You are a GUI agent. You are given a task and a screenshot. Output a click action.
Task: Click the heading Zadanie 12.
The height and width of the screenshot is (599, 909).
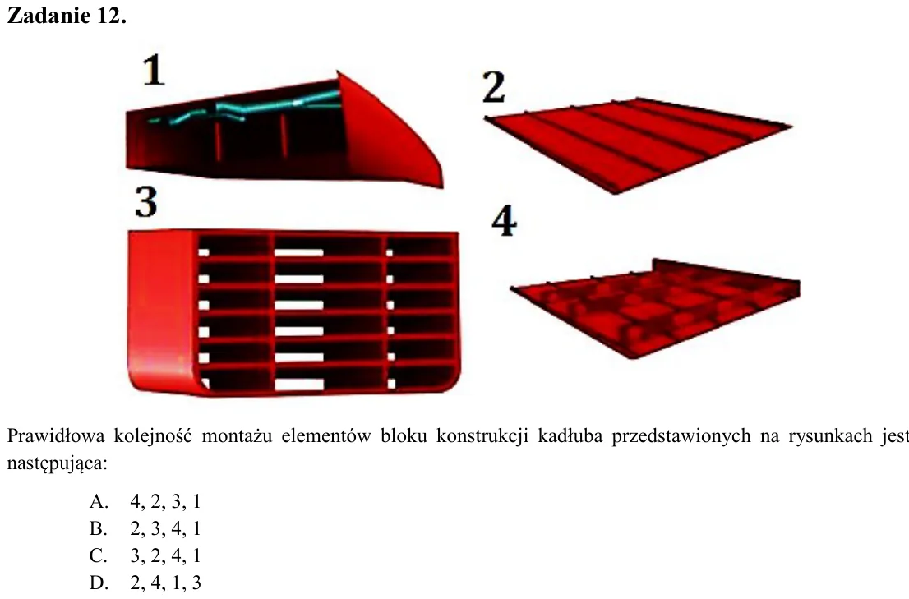(66, 16)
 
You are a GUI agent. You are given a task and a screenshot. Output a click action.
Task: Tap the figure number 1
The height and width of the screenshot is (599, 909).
(154, 70)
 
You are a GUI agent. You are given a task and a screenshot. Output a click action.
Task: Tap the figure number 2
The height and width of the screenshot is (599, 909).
(494, 87)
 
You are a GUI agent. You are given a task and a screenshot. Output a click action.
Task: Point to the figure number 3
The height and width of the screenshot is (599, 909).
(145, 201)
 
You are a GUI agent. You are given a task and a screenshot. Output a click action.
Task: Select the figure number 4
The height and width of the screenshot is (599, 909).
(504, 221)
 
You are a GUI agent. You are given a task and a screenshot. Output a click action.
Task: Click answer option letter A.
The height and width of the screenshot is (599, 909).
(99, 501)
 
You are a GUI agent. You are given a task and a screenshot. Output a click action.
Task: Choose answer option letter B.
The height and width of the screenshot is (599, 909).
(98, 528)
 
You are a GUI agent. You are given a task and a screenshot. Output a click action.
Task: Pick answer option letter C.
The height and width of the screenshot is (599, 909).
(98, 555)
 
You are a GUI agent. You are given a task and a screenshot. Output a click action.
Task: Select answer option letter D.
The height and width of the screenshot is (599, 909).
(99, 583)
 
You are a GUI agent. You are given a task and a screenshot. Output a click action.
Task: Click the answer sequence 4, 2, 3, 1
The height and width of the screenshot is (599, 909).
(166, 502)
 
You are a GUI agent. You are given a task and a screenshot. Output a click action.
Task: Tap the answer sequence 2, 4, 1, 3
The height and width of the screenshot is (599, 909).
(166, 583)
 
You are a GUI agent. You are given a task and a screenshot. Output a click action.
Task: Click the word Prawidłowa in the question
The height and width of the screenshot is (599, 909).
(56, 435)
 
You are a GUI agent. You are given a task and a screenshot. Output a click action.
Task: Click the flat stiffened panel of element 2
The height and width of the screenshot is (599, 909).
(638, 144)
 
